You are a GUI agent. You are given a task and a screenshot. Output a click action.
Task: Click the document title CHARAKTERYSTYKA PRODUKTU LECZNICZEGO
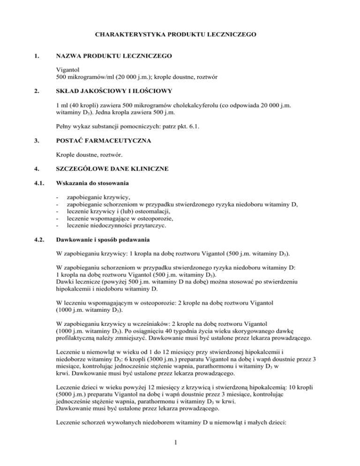[180, 34]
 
